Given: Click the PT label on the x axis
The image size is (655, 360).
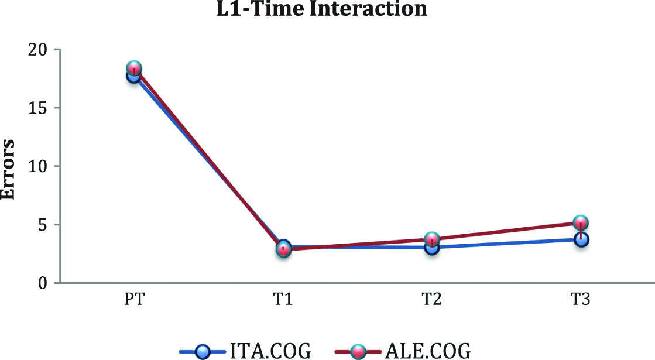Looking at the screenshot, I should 134,301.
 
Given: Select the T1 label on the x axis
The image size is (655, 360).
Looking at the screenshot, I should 283,301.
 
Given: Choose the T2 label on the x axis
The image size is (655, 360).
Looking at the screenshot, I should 432,301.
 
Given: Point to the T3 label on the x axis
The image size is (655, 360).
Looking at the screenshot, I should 581,301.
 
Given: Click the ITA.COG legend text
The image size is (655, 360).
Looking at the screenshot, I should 270,351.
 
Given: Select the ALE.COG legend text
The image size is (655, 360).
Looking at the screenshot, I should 427,351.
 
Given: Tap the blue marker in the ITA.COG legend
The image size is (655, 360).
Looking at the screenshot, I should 203,352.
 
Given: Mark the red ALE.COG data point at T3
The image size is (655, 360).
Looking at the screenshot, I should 581,222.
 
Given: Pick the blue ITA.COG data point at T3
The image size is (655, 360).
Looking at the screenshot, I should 581,239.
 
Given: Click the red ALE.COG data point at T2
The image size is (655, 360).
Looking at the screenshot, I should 432,239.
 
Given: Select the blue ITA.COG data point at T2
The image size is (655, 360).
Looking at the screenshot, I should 432,248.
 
